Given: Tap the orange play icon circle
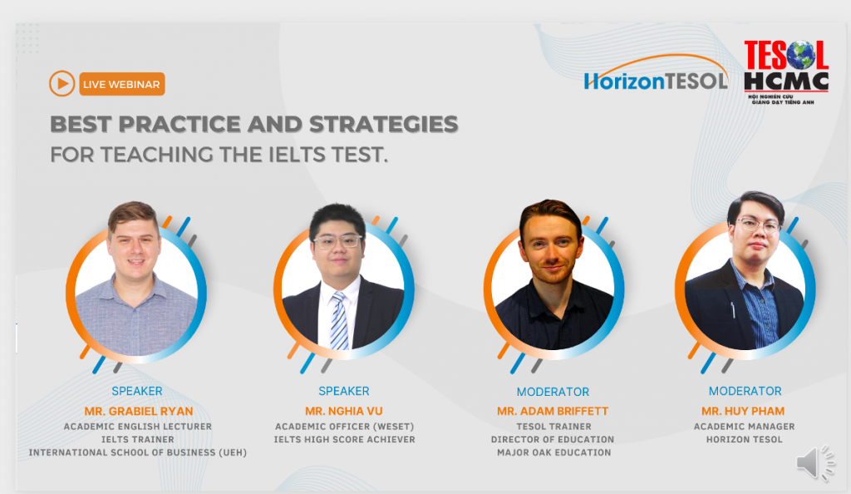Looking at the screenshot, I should click(x=61, y=83).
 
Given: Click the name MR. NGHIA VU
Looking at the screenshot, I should click(x=344, y=411).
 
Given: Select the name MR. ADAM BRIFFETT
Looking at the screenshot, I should click(x=553, y=411).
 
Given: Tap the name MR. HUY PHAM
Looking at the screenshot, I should click(x=744, y=411).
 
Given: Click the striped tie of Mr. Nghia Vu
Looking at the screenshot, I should click(x=339, y=320).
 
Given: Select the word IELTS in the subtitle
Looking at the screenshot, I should click(x=256, y=155).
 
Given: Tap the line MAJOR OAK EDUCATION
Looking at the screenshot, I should click(x=553, y=452).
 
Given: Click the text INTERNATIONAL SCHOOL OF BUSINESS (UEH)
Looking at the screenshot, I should click(x=138, y=452).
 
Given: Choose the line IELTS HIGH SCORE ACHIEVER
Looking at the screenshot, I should click(x=344, y=439).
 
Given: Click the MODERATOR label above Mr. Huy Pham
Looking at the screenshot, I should click(x=745, y=391).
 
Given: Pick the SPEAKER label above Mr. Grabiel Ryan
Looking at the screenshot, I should click(x=137, y=391).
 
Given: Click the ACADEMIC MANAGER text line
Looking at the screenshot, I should click(x=744, y=427).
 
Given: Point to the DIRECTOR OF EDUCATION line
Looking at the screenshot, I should click(x=553, y=439).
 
